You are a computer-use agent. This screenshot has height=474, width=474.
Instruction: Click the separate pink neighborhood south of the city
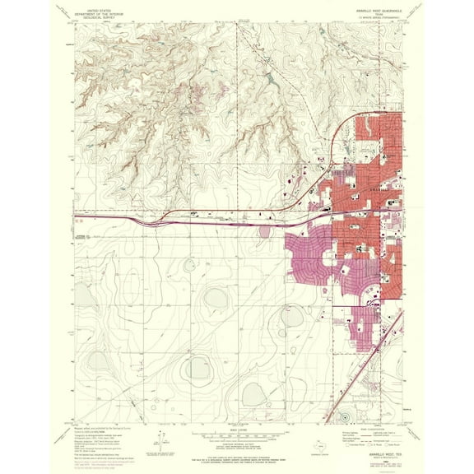[x=362, y=329]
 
